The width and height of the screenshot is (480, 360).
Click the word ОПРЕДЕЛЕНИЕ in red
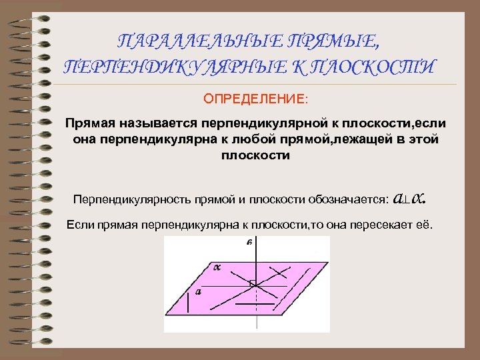[256, 99]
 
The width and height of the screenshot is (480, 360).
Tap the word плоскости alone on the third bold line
[255, 155]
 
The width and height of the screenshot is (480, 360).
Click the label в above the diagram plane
[249, 243]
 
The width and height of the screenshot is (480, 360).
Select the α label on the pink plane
[216, 267]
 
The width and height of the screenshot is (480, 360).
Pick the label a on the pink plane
[198, 291]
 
